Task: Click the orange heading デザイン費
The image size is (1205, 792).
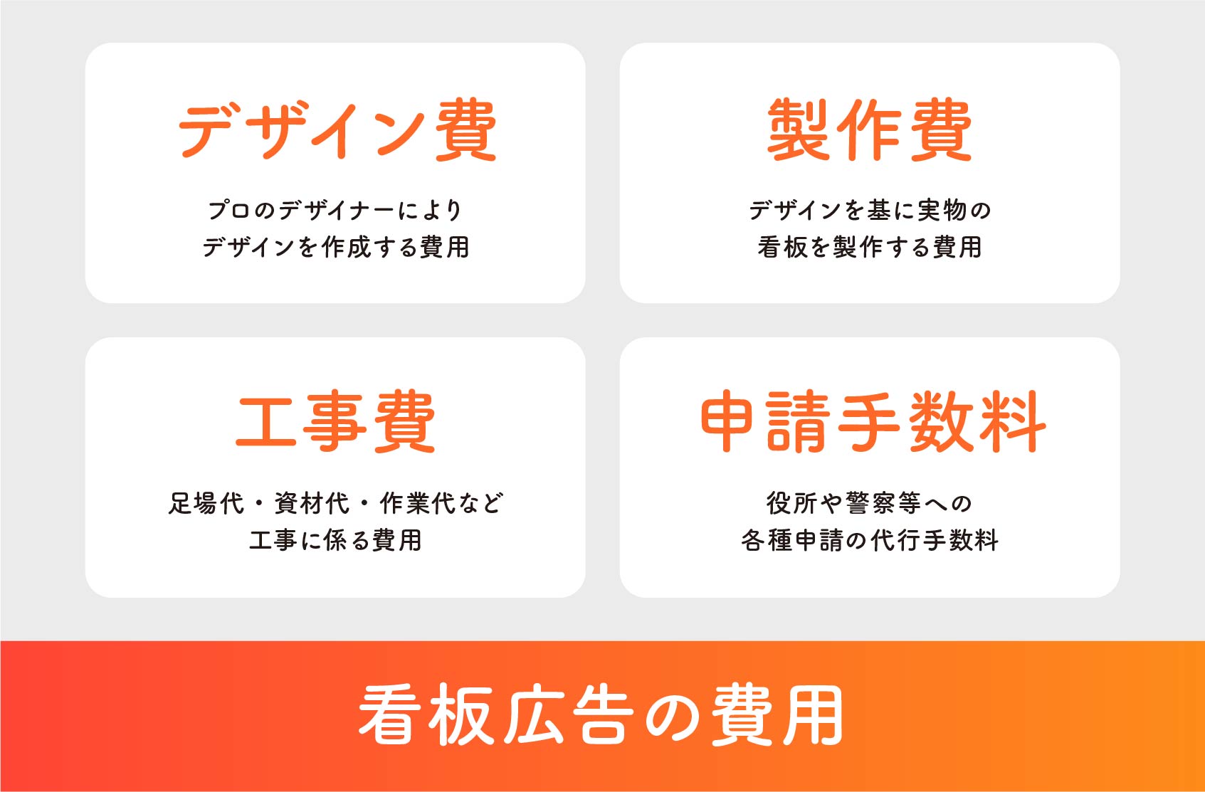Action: click(337, 130)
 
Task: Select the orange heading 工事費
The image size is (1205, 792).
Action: click(335, 421)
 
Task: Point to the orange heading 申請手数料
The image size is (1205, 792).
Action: click(873, 421)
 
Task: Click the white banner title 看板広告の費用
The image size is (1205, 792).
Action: click(601, 714)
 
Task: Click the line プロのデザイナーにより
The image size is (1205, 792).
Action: click(335, 210)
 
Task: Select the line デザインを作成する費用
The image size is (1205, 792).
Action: click(336, 248)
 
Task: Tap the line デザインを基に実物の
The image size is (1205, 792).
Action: click(870, 210)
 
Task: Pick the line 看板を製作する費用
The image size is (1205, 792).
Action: click(870, 248)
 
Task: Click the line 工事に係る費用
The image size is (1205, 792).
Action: click(335, 540)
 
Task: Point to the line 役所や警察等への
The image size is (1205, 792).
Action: click(869, 503)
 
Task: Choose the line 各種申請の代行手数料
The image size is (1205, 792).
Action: click(870, 540)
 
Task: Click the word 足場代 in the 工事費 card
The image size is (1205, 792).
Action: click(206, 503)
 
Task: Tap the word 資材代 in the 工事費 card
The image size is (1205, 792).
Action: click(312, 503)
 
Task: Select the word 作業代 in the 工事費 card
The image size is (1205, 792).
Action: click(418, 503)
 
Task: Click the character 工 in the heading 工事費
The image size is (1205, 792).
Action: click(266, 422)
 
